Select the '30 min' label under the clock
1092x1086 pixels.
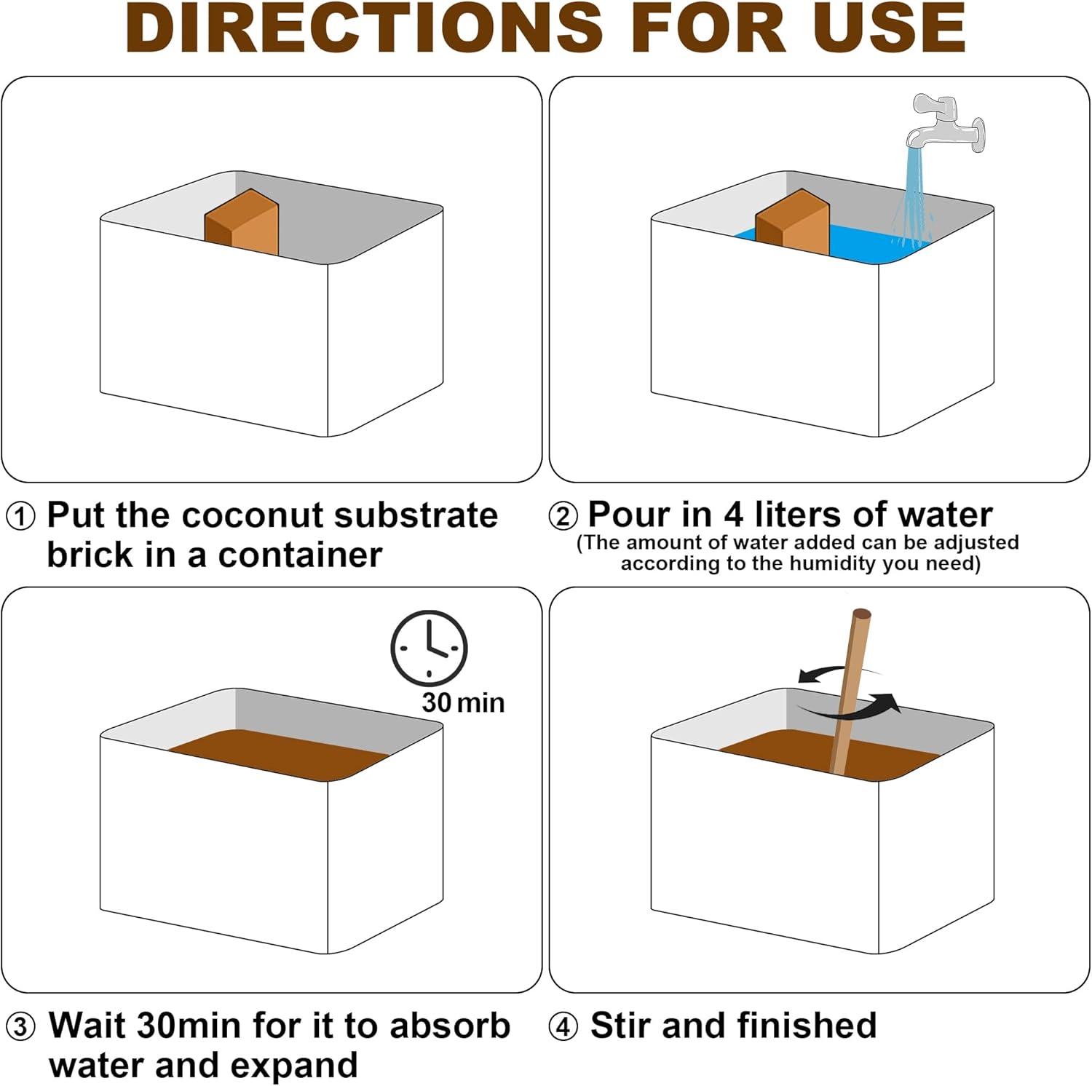click(x=463, y=702)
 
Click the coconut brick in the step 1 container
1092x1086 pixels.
click(x=242, y=222)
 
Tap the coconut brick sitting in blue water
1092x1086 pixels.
click(x=794, y=222)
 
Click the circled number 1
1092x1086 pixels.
click(x=20, y=517)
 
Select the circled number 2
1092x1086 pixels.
click(x=563, y=517)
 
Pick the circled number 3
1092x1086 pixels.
click(x=20, y=1028)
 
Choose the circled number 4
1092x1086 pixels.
click(x=563, y=1028)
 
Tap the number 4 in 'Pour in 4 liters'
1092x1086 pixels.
click(x=735, y=515)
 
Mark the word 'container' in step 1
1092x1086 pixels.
click(x=300, y=555)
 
